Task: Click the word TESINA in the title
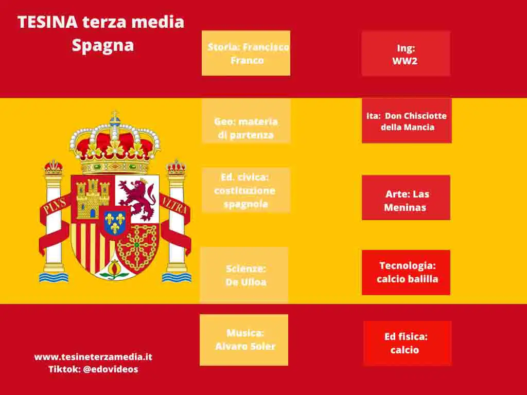pos(48,22)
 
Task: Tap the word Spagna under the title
pos(103,45)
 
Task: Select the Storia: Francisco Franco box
pos(246,53)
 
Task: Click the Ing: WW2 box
pos(406,53)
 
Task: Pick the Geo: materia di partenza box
pos(246,121)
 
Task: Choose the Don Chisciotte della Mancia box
pos(407,120)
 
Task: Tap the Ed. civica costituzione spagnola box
pos(246,190)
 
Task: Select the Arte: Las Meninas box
pos(406,197)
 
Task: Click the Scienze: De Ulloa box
pos(244,275)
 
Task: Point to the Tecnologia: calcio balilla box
pos(406,273)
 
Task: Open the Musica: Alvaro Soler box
pos(244,340)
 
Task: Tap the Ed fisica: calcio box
pos(408,343)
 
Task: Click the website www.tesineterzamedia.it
pos(94,357)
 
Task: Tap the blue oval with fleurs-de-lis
pos(115,222)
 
